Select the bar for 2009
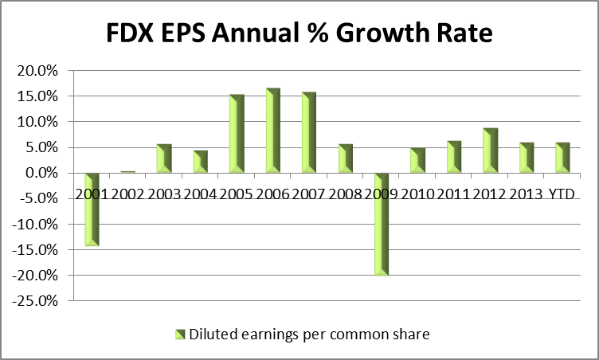[381, 224]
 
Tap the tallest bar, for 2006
[272, 131]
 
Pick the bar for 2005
[237, 134]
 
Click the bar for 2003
[164, 158]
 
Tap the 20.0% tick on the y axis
[37, 70]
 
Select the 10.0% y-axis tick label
[37, 122]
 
